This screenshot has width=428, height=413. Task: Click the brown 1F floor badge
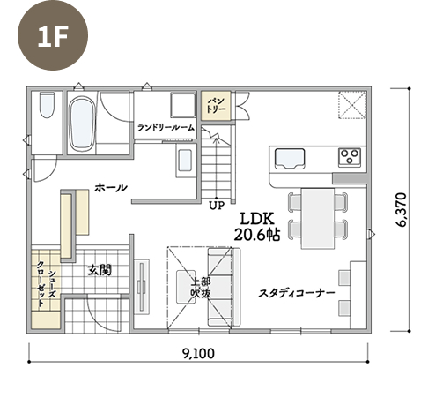pyautogui.click(x=53, y=35)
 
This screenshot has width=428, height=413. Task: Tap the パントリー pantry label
pyautogui.click(x=216, y=105)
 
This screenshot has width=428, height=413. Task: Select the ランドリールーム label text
pyautogui.click(x=166, y=128)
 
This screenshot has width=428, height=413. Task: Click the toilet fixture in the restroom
pyautogui.click(x=47, y=105)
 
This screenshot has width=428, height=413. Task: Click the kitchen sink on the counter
pyautogui.click(x=290, y=159)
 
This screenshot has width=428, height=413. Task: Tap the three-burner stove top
pyautogui.click(x=350, y=157)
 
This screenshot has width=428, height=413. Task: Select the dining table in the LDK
pyautogui.click(x=318, y=219)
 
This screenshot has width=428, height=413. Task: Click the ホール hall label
pyautogui.click(x=111, y=188)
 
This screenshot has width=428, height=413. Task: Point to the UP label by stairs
pyautogui.click(x=217, y=205)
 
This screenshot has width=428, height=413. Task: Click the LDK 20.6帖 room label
pyautogui.click(x=257, y=227)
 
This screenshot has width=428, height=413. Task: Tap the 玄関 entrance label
pyautogui.click(x=100, y=270)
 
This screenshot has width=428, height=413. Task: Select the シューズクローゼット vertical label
pyautogui.click(x=46, y=284)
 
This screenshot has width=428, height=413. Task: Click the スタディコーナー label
pyautogui.click(x=297, y=293)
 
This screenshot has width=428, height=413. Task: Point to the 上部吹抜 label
pyautogui.click(x=201, y=288)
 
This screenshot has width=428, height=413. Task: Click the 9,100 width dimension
pyautogui.click(x=198, y=353)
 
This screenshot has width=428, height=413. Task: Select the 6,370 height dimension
pyautogui.click(x=401, y=209)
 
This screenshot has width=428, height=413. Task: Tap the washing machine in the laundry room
pyautogui.click(x=183, y=105)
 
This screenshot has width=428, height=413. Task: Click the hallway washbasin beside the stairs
pyautogui.click(x=185, y=161)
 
